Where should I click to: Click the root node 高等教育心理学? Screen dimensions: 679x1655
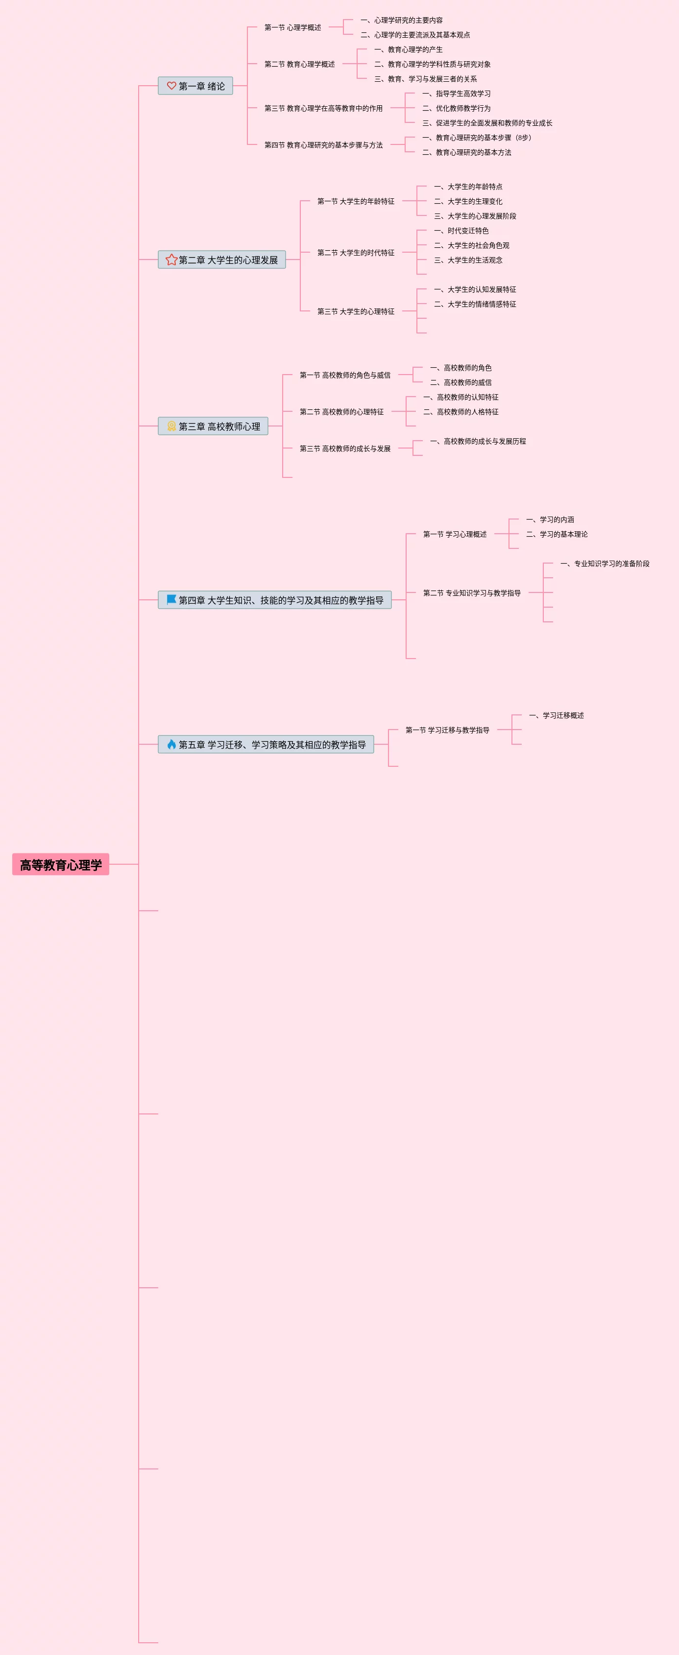(60, 864)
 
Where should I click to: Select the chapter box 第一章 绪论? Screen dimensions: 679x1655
(195, 86)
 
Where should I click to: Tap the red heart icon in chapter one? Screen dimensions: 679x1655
(171, 86)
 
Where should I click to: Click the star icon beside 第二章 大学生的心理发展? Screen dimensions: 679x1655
(171, 260)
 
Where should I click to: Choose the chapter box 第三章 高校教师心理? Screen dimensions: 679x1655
(213, 426)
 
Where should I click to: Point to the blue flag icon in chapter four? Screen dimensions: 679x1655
(171, 599)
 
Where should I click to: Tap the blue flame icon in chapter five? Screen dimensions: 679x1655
(171, 744)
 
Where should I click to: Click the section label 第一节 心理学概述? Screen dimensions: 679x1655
(292, 27)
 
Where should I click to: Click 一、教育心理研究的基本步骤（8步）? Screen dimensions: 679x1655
(477, 138)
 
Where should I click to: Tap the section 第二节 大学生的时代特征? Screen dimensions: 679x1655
(356, 253)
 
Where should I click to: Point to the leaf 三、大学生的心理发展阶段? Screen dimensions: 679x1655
(475, 216)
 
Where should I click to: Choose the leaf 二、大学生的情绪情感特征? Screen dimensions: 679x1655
(475, 304)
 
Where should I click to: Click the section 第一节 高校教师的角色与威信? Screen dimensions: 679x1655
(345, 375)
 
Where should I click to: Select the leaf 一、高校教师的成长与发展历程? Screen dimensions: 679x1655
(478, 441)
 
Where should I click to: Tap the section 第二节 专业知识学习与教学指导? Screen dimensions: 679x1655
(472, 593)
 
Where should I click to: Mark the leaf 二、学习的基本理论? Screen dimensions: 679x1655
(557, 534)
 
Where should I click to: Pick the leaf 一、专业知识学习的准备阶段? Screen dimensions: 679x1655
(605, 564)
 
